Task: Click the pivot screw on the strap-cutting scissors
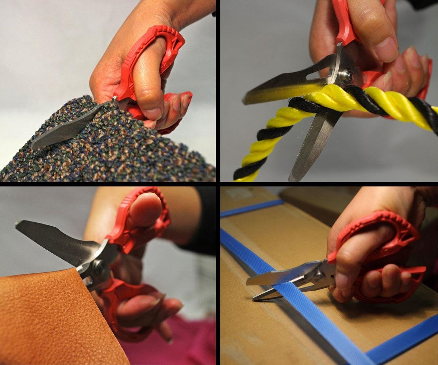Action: pos(319,276)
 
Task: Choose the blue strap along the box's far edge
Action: pos(252,208)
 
